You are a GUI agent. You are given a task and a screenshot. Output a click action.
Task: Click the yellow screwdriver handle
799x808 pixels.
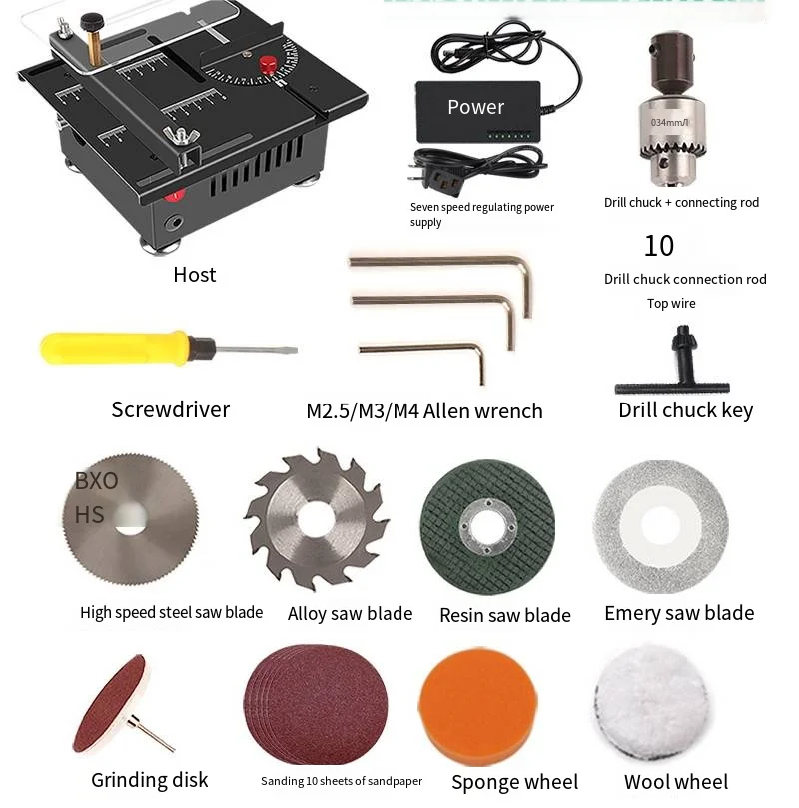pos(110,347)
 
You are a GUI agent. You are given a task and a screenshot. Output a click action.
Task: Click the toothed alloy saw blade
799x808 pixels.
pos(316,519)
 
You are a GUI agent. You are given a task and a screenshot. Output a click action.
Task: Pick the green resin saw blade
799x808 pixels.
pos(486,527)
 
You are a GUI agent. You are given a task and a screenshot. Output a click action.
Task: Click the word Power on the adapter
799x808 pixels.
pos(475,107)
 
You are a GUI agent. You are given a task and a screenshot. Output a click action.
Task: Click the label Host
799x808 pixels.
pos(194,275)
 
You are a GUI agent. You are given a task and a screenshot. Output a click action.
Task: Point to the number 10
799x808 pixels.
pos(659,246)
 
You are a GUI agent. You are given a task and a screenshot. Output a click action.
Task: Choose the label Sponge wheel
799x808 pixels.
pos(514,782)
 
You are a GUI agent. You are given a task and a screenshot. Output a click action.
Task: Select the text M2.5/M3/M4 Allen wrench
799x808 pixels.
pos(424,411)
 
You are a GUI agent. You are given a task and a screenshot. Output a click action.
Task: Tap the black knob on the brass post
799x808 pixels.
pos(93,21)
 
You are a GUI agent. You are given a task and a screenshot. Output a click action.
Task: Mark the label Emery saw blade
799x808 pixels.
pos(679,613)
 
